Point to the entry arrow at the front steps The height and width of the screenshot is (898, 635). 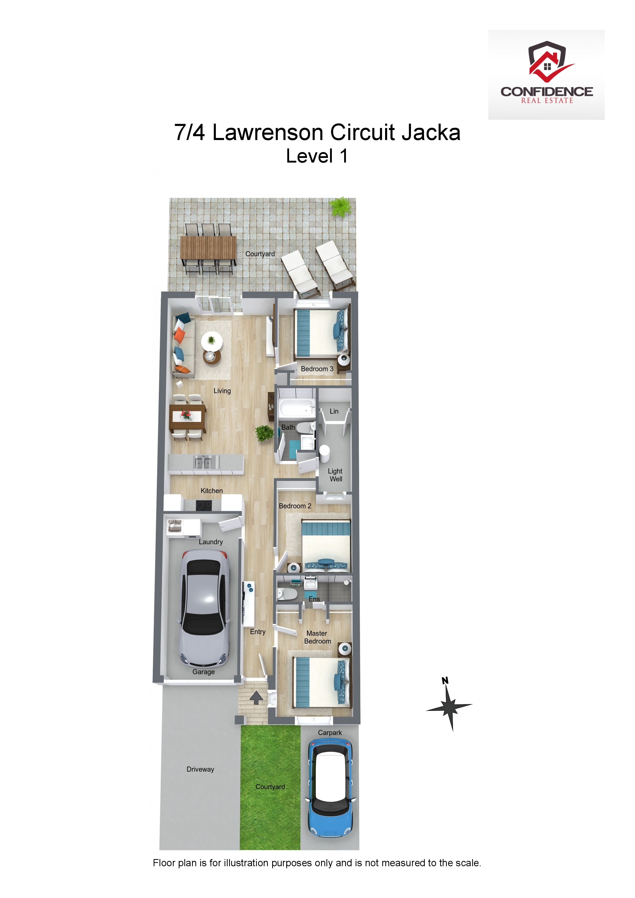click(x=256, y=698)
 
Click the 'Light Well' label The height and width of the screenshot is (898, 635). click(x=335, y=475)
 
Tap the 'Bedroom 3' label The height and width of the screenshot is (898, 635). click(x=317, y=369)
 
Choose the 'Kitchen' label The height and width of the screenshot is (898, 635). click(x=212, y=491)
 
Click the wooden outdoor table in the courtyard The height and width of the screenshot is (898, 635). click(x=208, y=247)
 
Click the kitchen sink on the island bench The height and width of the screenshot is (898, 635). click(x=203, y=463)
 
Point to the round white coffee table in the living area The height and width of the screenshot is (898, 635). click(x=212, y=342)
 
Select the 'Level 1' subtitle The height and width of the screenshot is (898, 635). click(x=317, y=156)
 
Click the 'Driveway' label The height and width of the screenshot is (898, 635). click(x=200, y=769)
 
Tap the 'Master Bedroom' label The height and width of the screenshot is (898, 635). click(x=317, y=637)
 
